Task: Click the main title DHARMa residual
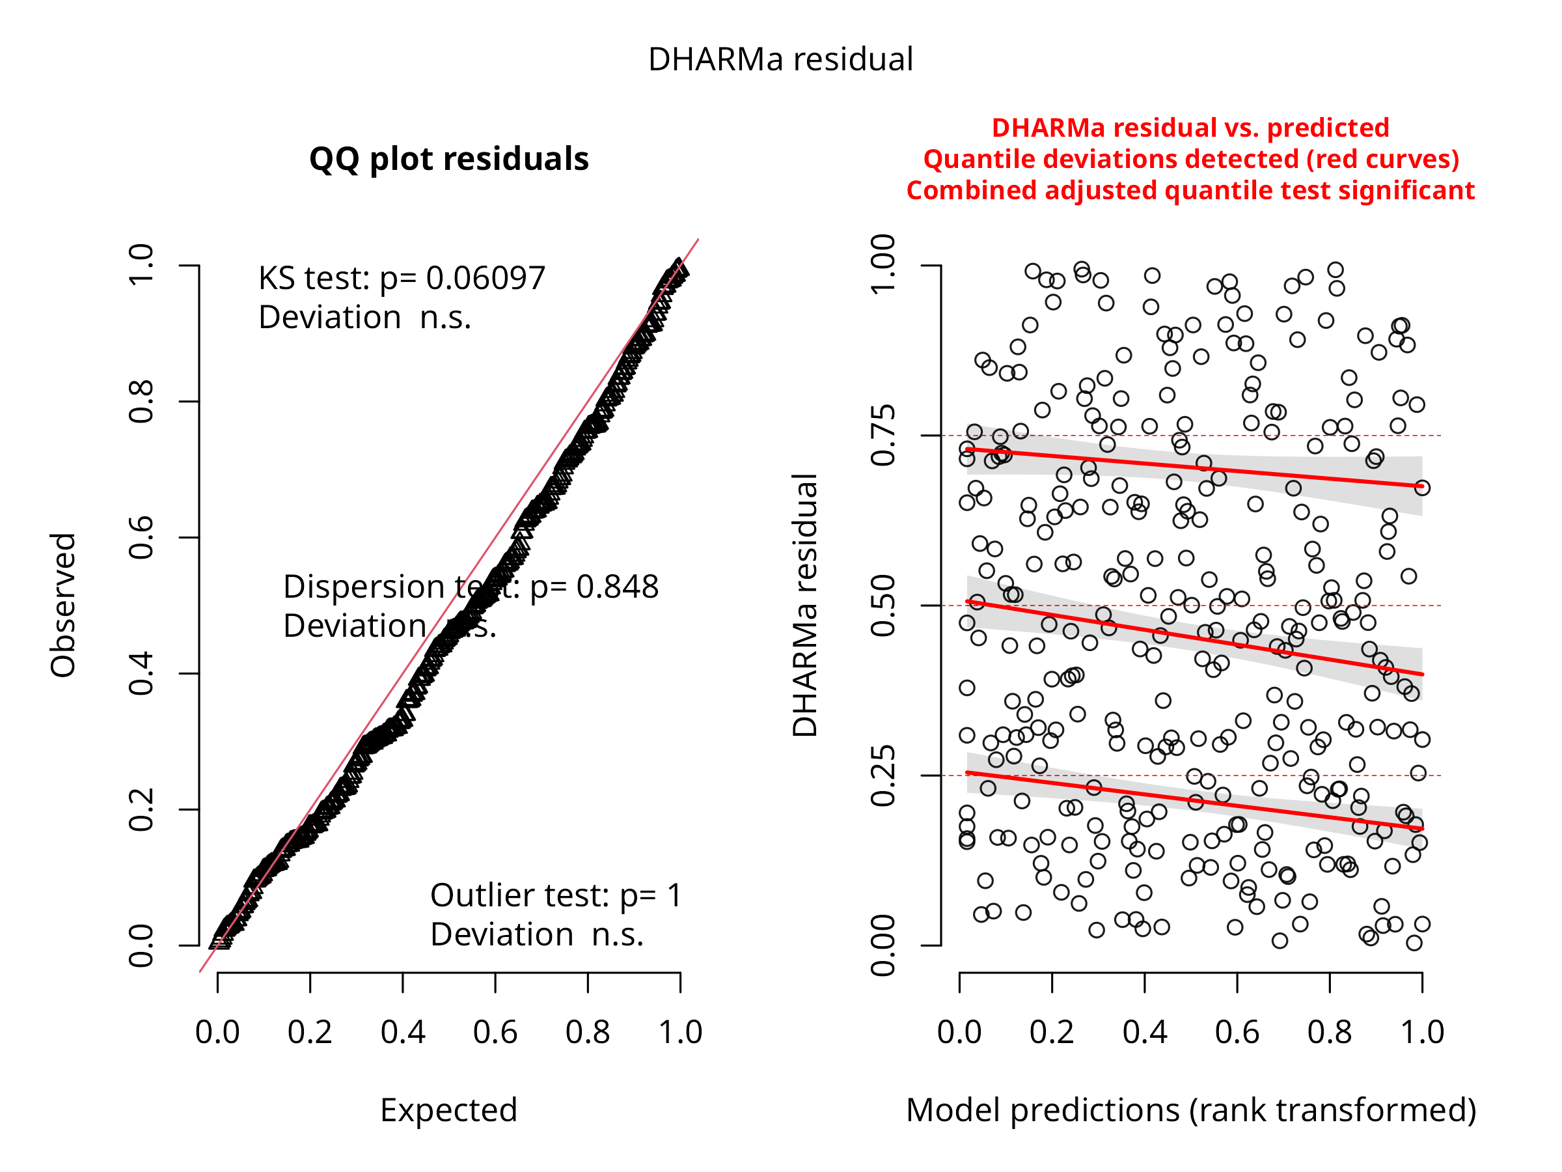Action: click(780, 59)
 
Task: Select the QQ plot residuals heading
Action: click(448, 159)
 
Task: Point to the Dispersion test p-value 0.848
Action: click(616, 587)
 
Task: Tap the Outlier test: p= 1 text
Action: click(556, 896)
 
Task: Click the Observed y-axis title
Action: click(63, 605)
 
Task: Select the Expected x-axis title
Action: click(448, 1110)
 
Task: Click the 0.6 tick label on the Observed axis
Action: click(141, 538)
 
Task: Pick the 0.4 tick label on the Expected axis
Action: click(402, 1032)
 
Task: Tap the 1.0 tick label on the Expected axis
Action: click(680, 1032)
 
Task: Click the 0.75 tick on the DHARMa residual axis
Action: click(883, 435)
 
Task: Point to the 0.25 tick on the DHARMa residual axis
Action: click(883, 775)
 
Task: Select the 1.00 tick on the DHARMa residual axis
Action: click(883, 264)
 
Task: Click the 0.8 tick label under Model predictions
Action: click(1329, 1032)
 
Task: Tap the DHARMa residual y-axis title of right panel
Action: click(805, 605)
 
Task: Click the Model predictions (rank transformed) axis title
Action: click(1190, 1110)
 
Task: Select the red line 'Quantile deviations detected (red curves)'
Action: click(1190, 159)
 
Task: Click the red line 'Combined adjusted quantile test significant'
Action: click(1190, 191)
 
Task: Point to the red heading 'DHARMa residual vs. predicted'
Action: click(1190, 128)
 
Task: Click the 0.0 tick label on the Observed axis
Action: click(141, 945)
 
